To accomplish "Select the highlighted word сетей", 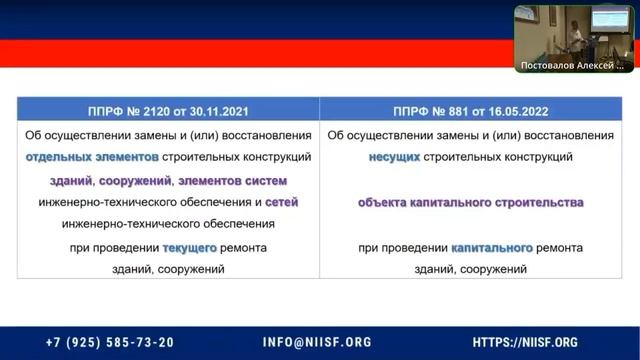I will point(281,202).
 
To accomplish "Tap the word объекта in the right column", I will point(387,202).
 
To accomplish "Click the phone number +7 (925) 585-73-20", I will point(110,341).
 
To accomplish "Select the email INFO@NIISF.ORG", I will point(317,341).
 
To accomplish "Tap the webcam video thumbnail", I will point(575,34).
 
